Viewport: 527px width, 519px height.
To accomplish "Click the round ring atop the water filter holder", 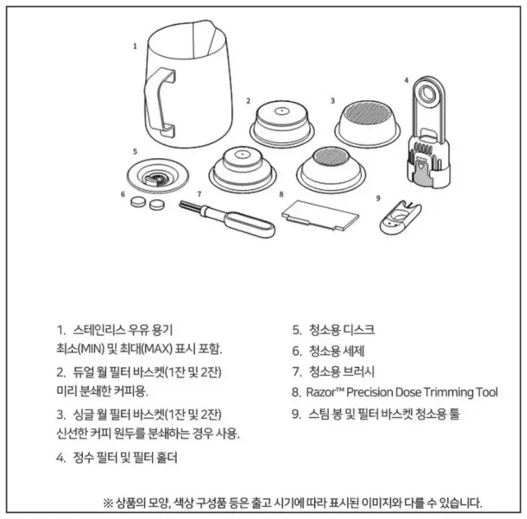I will (429, 95).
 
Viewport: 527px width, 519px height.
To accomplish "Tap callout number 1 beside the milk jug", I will (135, 46).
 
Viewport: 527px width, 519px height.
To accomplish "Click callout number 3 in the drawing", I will (332, 99).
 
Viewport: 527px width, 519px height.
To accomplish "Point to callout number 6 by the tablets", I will (123, 194).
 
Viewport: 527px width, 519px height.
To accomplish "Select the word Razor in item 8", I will (325, 392).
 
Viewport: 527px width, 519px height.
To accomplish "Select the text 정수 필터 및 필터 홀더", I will (126, 457).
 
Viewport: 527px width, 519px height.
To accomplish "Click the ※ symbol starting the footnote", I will (106, 502).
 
